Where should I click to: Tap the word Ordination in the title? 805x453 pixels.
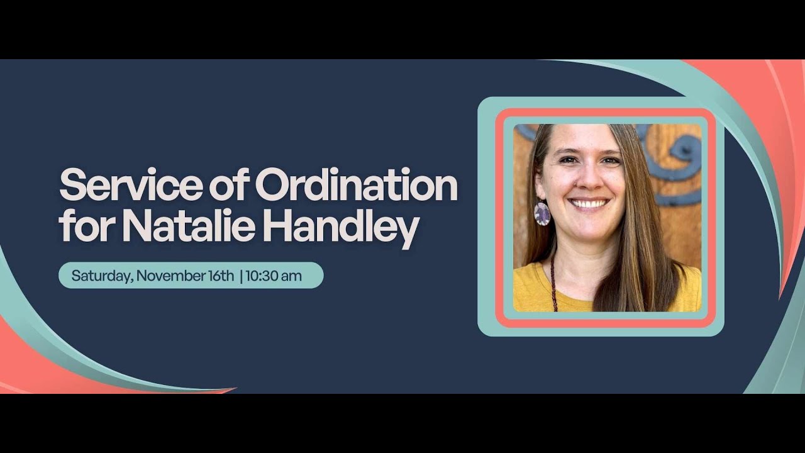pyautogui.click(x=356, y=186)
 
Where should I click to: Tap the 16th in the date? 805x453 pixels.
pyautogui.click(x=220, y=276)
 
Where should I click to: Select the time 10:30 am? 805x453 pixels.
pyautogui.click(x=274, y=276)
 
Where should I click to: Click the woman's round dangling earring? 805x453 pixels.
pyautogui.click(x=542, y=214)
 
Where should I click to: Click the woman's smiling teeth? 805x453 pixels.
pyautogui.click(x=589, y=203)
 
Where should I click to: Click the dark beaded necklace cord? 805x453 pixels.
pyautogui.click(x=554, y=283)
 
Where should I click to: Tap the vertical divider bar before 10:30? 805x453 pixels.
pyautogui.click(x=241, y=276)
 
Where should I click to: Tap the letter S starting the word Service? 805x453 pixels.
pyautogui.click(x=71, y=186)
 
